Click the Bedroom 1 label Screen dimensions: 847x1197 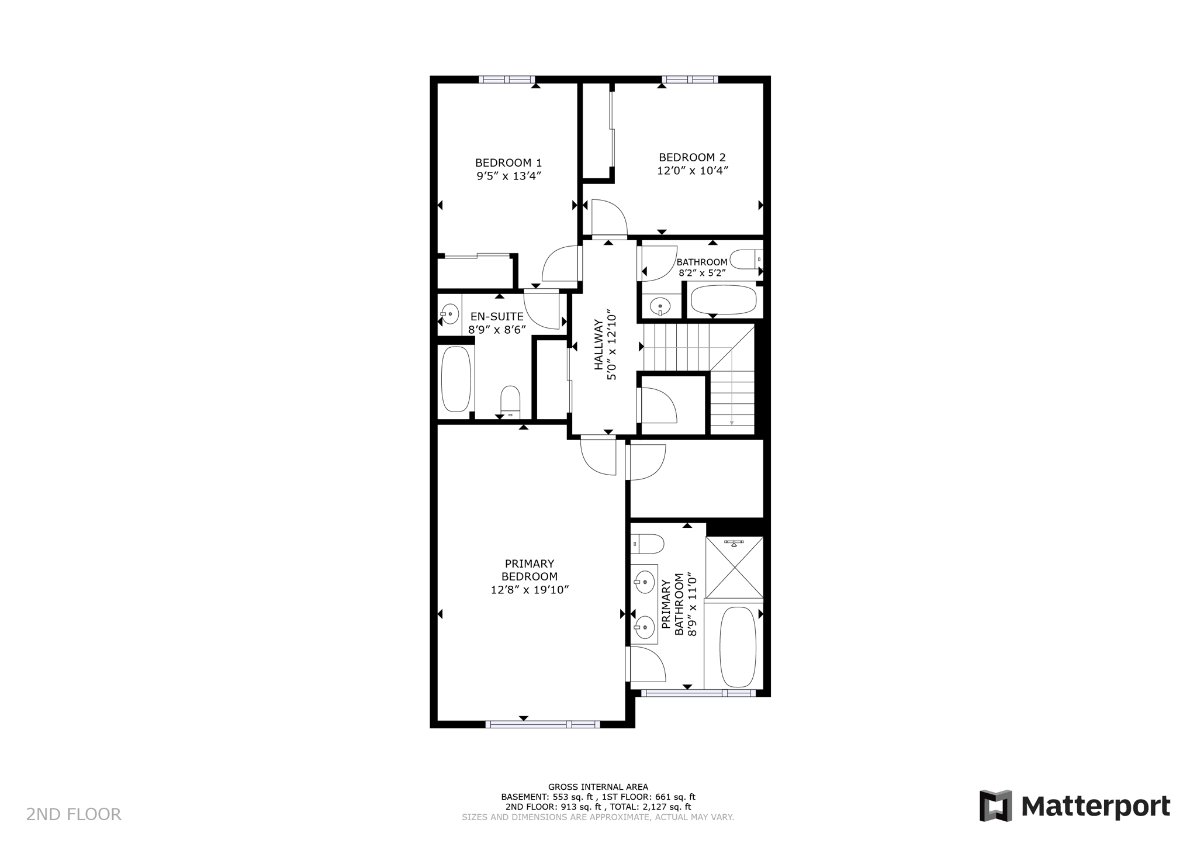tap(508, 163)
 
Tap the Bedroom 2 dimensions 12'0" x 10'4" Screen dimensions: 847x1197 tap(692, 171)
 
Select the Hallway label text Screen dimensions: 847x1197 tap(598, 345)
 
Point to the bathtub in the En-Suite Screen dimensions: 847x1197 tap(456, 379)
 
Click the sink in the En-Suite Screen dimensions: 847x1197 tap(449, 314)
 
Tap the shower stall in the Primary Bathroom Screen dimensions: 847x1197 tap(734, 567)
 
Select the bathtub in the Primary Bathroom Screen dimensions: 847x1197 tap(738, 647)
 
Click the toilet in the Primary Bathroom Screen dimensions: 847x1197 tap(648, 544)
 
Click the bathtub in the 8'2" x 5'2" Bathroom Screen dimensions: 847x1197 tap(724, 300)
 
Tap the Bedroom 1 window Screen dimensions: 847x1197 tap(507, 79)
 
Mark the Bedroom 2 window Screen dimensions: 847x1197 tap(690, 79)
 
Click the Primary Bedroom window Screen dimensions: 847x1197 tap(542, 724)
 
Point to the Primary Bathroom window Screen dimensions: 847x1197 tap(698, 693)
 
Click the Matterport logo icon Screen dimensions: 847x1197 tap(995, 806)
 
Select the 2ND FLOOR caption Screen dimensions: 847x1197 tap(74, 814)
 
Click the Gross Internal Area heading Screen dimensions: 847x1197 tap(598, 787)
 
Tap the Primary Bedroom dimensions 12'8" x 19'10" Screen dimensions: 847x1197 tap(530, 590)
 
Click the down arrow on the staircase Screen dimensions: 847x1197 tap(732, 422)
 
